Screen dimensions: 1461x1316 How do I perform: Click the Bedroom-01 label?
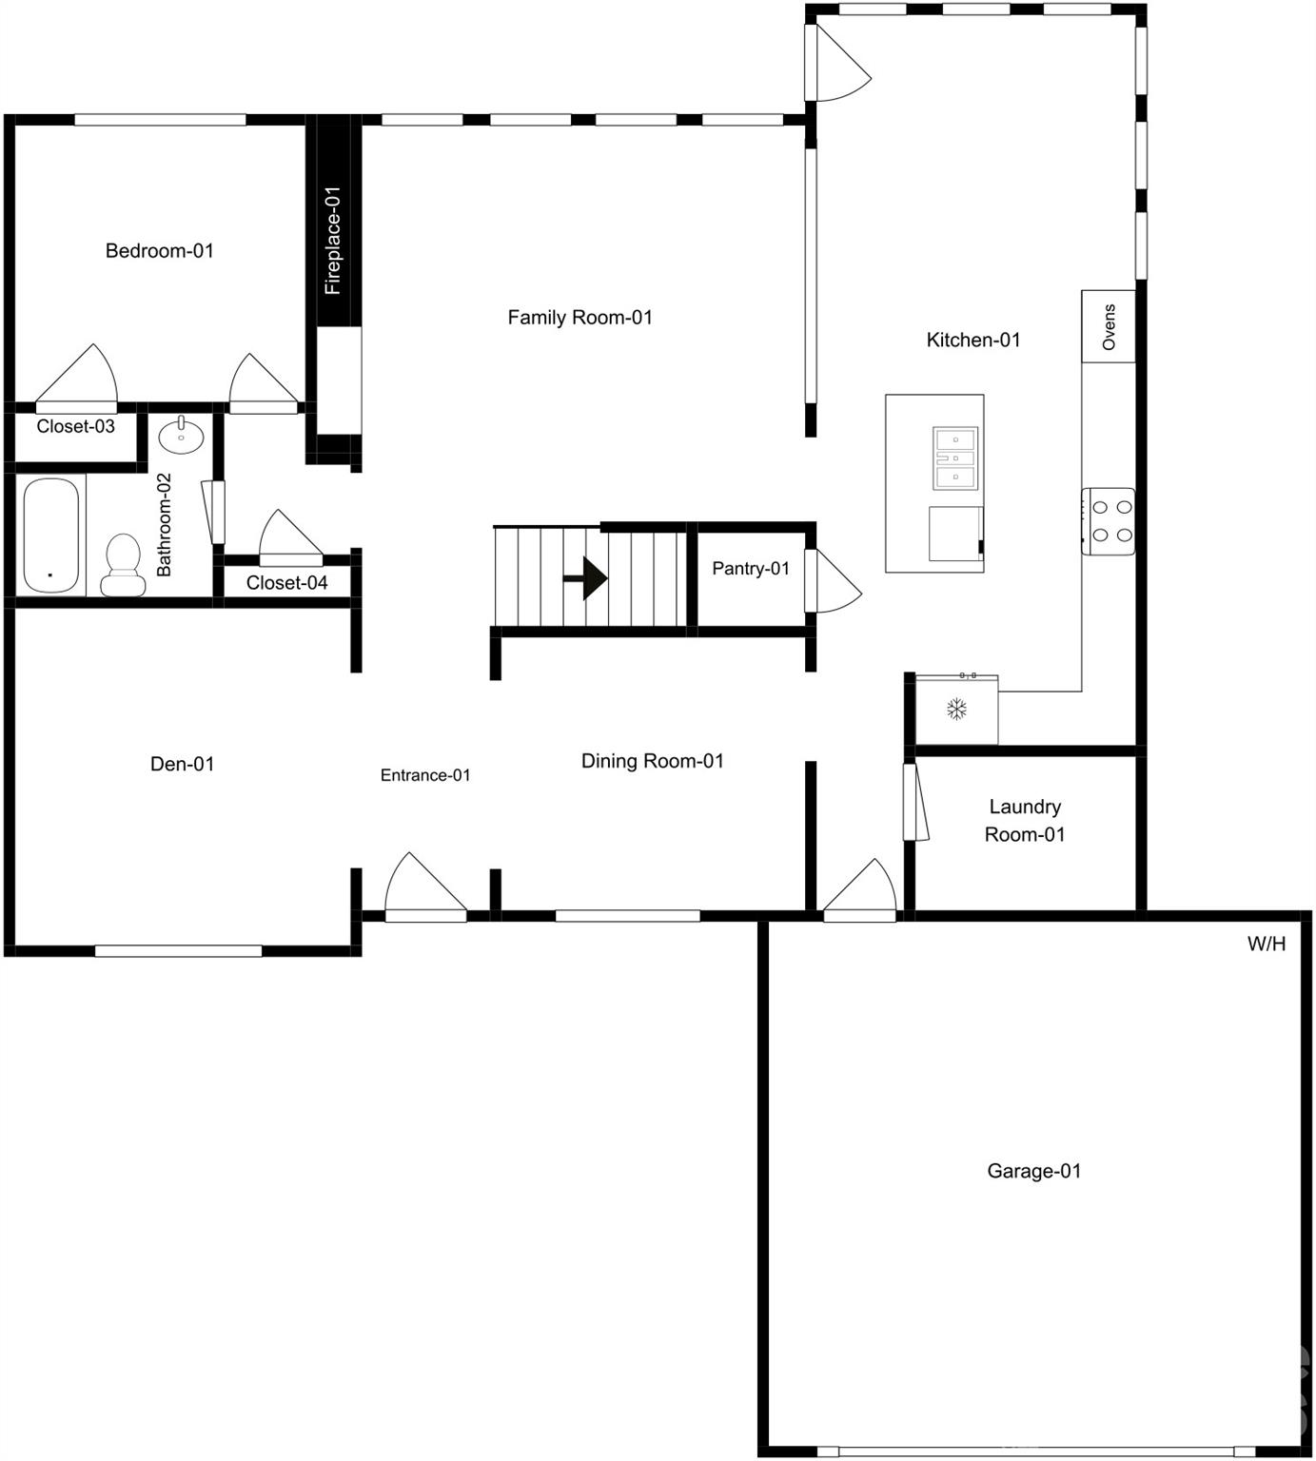[159, 251]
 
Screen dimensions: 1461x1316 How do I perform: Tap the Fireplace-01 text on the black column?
[332, 240]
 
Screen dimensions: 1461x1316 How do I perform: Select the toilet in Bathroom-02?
[122, 564]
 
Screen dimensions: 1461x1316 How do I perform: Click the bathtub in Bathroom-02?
[51, 536]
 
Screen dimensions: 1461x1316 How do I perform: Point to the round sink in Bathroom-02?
[181, 437]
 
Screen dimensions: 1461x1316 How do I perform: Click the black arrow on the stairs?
[586, 578]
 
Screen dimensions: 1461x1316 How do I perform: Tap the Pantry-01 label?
[750, 569]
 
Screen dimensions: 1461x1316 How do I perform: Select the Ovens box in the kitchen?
[1109, 327]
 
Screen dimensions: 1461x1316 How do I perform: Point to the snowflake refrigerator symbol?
[955, 709]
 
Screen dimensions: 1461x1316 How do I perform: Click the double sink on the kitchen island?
[955, 458]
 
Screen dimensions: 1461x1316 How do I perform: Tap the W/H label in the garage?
[1266, 944]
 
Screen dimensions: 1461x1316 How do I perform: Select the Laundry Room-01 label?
[1024, 820]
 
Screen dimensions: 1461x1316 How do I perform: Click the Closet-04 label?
[286, 583]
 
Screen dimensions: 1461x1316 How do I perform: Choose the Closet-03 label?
[75, 426]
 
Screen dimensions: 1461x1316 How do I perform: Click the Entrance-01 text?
[425, 775]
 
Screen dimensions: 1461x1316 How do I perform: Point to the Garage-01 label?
[1033, 1171]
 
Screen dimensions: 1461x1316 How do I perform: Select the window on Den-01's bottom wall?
[178, 950]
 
